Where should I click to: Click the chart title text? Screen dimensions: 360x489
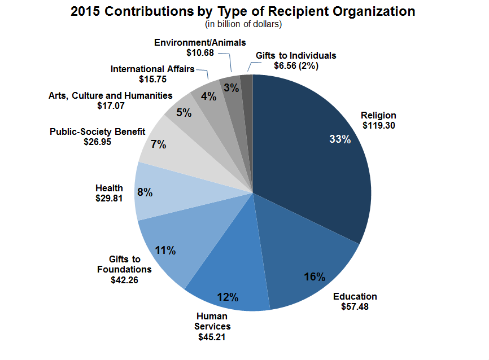(243, 11)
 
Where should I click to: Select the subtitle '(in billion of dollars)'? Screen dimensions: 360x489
(243, 24)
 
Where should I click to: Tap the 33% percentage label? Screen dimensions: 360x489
(340, 139)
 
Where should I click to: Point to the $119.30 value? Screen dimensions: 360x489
(378, 125)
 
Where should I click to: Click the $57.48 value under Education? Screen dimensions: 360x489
(355, 306)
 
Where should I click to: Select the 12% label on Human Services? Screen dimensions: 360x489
(228, 297)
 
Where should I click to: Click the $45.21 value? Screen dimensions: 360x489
(212, 337)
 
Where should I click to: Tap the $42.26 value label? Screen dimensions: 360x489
(125, 279)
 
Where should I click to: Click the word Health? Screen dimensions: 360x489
(110, 188)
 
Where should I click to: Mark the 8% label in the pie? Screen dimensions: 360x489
(145, 192)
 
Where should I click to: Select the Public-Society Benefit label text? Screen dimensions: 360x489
(98, 131)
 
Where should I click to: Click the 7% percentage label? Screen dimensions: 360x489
(159, 144)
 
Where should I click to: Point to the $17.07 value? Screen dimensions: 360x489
(111, 105)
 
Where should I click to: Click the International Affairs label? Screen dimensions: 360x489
(152, 69)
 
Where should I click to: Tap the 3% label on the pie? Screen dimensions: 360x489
(230, 87)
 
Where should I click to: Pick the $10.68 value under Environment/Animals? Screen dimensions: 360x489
(200, 52)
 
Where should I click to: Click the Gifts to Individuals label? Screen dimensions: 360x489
(295, 55)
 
